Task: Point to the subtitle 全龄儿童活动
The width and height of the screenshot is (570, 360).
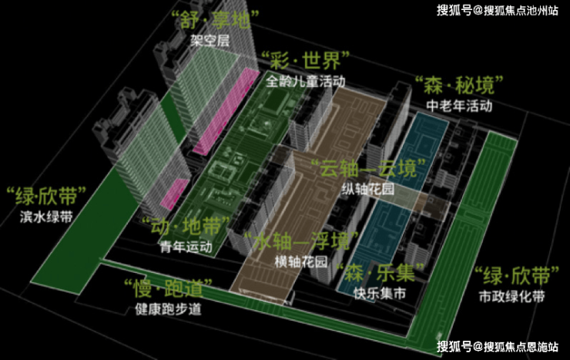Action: click(x=306, y=79)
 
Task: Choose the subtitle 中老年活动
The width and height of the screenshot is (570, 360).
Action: click(x=459, y=106)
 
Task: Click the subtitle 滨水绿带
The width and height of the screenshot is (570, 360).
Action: click(x=46, y=217)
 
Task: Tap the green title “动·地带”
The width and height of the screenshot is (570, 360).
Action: click(x=186, y=227)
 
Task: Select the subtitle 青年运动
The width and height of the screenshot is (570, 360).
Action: click(x=186, y=247)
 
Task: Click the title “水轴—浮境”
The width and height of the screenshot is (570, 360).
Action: click(x=297, y=241)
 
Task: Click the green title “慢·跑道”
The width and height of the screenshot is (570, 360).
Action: click(x=167, y=289)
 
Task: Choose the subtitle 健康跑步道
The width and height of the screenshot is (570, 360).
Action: click(x=167, y=309)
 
